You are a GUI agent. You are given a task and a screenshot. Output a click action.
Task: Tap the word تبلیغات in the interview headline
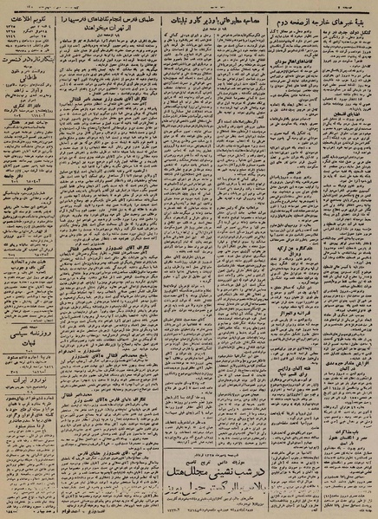[174, 17]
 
